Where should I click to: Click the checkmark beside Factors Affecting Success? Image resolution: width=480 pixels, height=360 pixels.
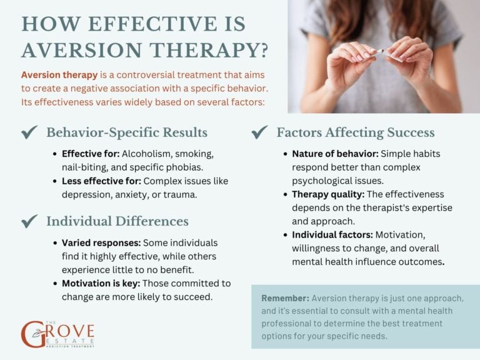pos(259,132)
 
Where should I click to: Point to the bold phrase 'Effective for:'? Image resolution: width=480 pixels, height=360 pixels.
pos(90,153)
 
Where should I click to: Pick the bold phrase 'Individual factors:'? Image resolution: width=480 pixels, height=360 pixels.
pos(331,235)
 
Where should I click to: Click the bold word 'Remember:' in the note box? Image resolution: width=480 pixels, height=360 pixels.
pos(285,297)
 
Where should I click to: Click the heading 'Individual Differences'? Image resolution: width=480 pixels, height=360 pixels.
pos(117,221)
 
